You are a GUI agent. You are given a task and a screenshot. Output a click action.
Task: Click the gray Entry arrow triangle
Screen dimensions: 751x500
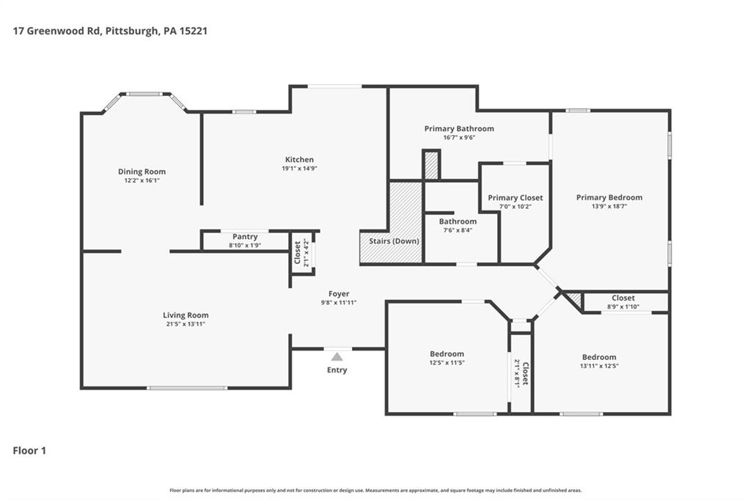click(337, 357)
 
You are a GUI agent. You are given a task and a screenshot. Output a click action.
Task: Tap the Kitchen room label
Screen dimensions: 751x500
click(299, 160)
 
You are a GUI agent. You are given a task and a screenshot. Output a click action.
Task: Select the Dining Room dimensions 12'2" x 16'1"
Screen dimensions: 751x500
click(142, 180)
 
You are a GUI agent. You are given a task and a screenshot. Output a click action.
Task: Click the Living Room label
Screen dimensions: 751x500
click(186, 315)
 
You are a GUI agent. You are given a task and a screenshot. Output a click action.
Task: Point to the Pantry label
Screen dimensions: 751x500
click(245, 237)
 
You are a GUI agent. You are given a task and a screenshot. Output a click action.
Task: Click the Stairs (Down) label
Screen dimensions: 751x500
click(394, 241)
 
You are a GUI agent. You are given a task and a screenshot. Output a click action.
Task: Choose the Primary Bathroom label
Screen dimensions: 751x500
click(459, 128)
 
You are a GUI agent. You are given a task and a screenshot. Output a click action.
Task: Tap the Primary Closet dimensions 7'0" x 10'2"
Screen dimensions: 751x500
click(516, 207)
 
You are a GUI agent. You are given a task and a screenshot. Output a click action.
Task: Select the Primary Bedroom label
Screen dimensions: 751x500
click(609, 197)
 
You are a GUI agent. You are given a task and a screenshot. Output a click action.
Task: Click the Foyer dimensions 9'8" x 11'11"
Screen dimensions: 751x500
click(339, 303)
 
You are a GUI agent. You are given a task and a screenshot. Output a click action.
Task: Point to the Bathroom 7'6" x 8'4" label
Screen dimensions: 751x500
click(458, 221)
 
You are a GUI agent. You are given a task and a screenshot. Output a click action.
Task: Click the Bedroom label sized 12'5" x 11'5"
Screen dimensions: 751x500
click(447, 354)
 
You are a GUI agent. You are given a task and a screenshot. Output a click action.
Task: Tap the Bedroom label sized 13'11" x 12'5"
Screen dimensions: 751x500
click(599, 357)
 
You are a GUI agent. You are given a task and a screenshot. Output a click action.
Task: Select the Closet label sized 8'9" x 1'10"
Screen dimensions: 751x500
click(623, 298)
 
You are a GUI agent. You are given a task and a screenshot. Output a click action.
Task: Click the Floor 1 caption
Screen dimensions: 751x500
click(29, 451)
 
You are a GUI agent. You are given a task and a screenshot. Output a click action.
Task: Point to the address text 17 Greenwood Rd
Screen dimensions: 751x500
click(56, 31)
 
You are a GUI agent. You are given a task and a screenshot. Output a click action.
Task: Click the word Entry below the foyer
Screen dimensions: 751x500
click(337, 370)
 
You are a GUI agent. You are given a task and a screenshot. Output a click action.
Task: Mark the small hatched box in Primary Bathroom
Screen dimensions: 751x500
click(431, 166)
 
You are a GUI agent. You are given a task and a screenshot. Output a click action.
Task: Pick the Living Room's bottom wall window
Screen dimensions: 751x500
click(187, 388)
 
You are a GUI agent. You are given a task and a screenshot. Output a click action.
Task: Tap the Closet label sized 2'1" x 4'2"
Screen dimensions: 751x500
click(301, 252)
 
